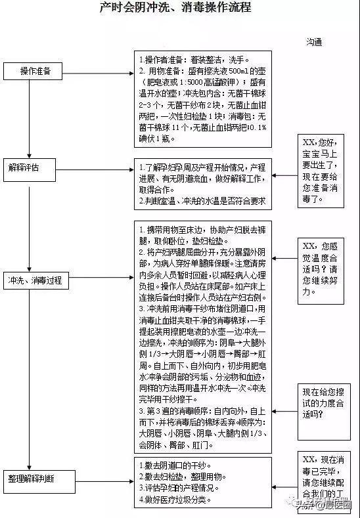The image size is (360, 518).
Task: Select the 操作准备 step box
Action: coord(35,70)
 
